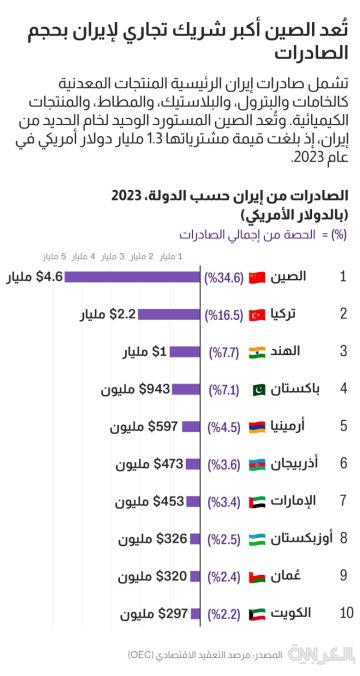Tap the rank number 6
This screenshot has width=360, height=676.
pyautogui.click(x=343, y=463)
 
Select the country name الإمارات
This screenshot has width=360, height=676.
pyautogui.click(x=297, y=500)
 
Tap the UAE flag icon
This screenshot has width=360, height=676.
pyautogui.click(x=255, y=500)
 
